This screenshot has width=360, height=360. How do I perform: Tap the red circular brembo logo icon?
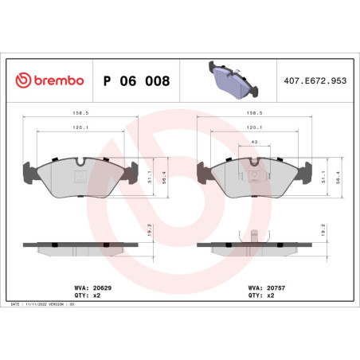tap(23, 81)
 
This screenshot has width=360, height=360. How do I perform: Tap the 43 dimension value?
tap(254, 142)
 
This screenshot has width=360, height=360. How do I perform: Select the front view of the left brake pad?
tap(80, 176)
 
